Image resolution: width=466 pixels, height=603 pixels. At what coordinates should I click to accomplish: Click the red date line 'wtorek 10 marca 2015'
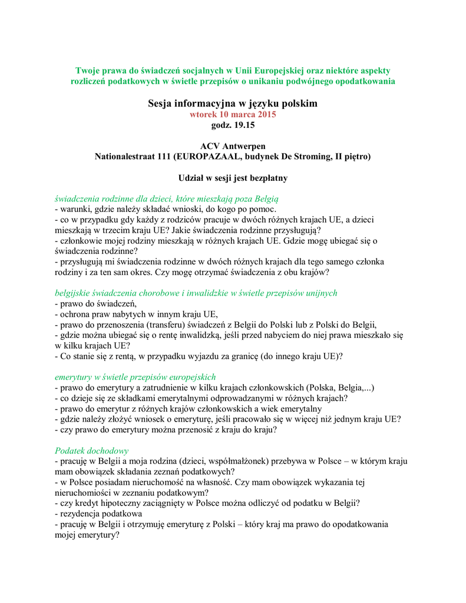(233, 114)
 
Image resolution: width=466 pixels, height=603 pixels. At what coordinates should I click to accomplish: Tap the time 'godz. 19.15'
(233, 125)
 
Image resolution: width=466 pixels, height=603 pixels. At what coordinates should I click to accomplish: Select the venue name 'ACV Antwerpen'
(233, 146)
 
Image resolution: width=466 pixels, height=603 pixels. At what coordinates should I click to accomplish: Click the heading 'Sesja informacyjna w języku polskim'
(233, 104)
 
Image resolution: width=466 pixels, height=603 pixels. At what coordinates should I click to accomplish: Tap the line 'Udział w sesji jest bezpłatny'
(233, 177)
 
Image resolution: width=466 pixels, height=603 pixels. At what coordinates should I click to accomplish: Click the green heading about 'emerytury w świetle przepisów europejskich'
(135, 376)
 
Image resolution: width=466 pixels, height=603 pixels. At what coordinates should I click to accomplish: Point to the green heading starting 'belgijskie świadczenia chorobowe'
(196, 293)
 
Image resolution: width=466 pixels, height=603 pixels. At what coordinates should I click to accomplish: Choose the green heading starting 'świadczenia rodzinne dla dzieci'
(166, 198)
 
